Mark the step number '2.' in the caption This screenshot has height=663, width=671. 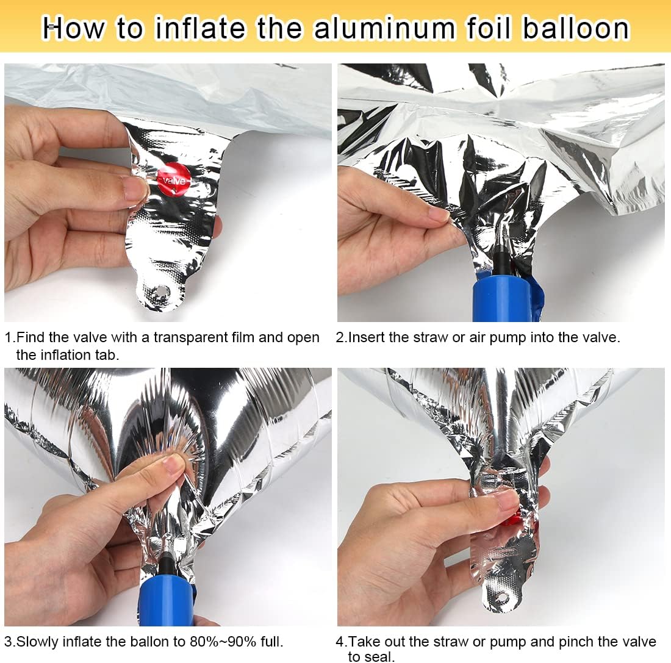(x=341, y=337)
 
